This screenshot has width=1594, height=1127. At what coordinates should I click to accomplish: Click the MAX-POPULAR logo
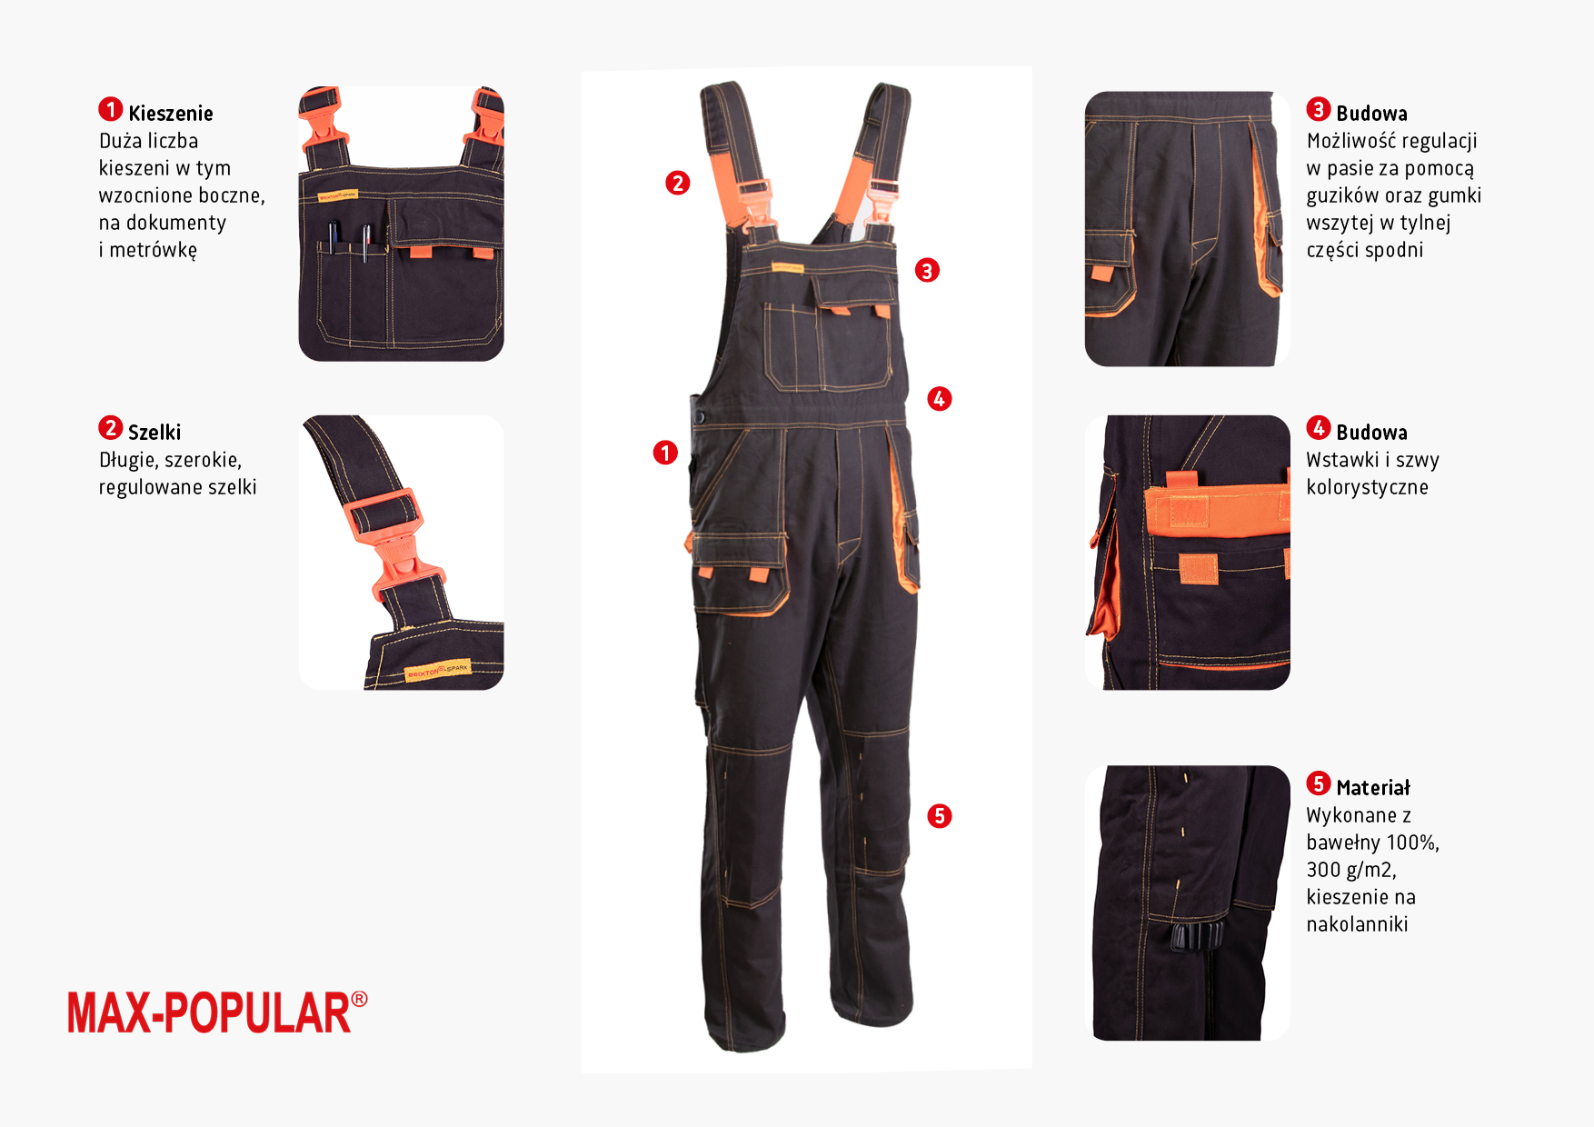(x=217, y=1012)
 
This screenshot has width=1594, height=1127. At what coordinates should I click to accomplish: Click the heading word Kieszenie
(x=171, y=114)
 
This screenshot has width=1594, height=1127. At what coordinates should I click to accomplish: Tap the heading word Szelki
(x=154, y=433)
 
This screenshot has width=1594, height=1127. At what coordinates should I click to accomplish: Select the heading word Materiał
(x=1373, y=788)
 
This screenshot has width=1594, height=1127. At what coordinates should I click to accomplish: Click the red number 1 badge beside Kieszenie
(x=111, y=110)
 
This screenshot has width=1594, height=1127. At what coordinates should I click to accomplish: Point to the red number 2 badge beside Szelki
(x=111, y=428)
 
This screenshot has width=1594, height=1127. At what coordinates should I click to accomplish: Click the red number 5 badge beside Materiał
(x=1319, y=783)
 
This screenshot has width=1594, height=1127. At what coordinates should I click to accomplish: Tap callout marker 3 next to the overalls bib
(x=927, y=270)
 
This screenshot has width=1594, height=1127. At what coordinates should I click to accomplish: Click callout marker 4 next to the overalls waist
(x=940, y=398)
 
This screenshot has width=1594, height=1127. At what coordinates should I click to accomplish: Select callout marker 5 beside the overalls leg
(x=940, y=816)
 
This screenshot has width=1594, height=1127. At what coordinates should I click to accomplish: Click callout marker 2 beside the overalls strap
(x=677, y=183)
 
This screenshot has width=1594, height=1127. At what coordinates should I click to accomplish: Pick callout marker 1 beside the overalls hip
(x=665, y=453)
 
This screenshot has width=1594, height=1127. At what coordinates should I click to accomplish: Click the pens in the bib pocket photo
(x=350, y=240)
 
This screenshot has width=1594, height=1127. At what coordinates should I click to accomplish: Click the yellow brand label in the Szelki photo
(x=438, y=671)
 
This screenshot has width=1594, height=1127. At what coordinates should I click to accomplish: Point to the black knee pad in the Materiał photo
(x=1197, y=936)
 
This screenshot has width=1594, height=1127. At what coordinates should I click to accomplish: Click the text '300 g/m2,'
(x=1351, y=870)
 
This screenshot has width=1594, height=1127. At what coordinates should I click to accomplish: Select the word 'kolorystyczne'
(x=1367, y=488)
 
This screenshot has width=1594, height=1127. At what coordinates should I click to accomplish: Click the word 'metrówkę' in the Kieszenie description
(x=154, y=250)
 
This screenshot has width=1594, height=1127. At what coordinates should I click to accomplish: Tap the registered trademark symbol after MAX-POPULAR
(x=360, y=999)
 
